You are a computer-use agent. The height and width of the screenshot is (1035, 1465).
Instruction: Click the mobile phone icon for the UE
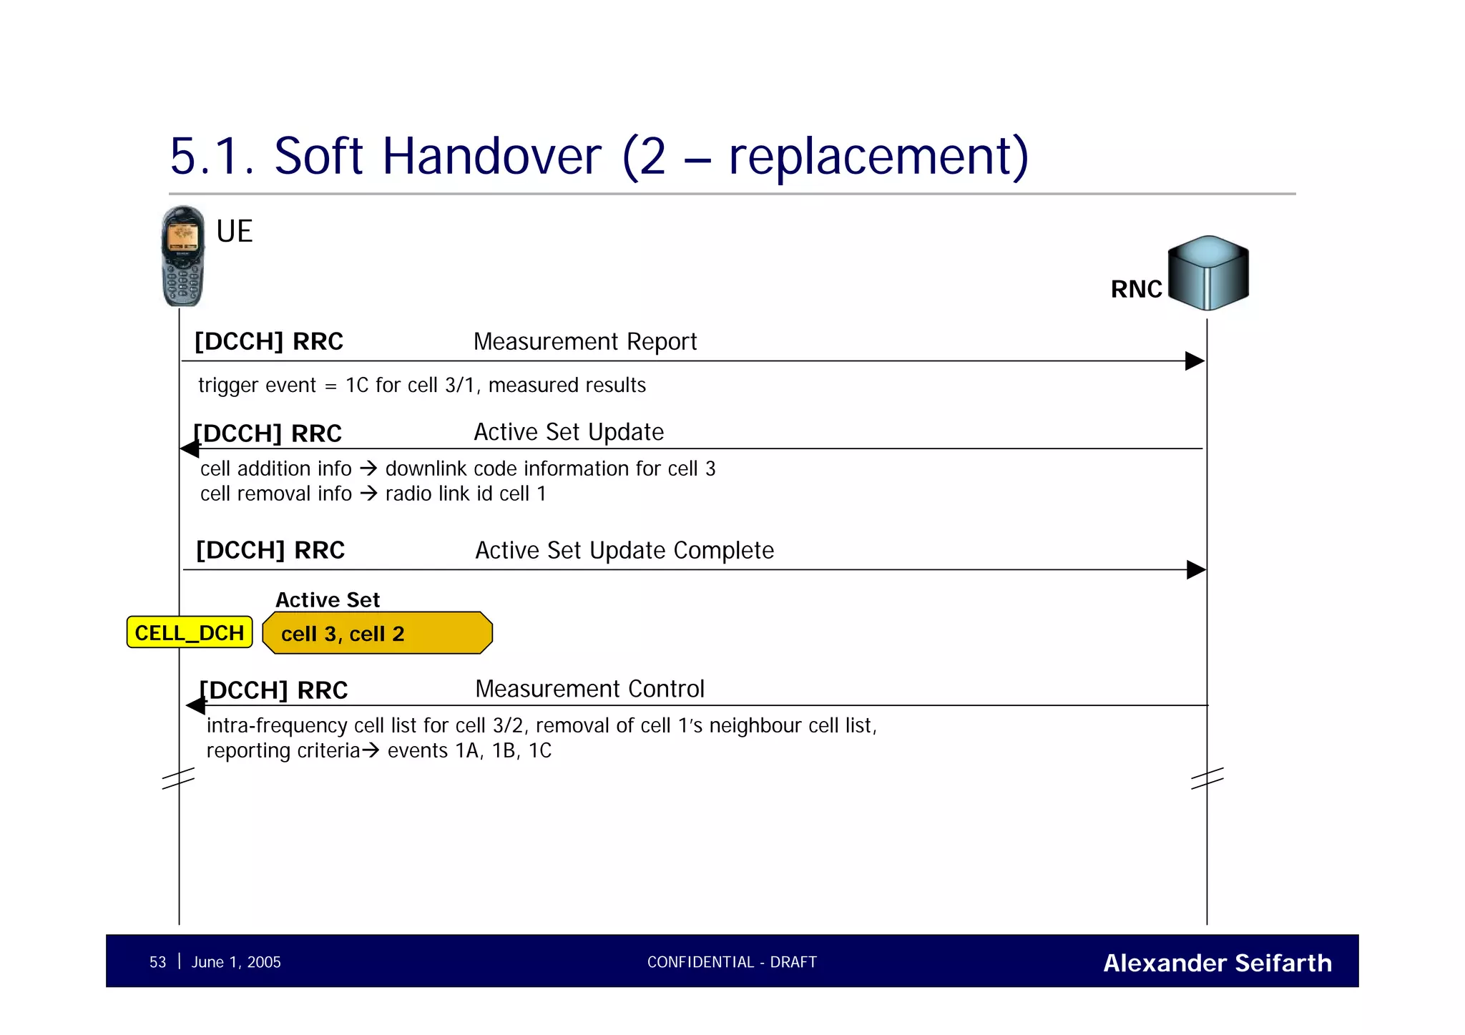[182, 256]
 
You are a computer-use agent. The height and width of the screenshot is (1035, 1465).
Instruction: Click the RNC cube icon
[1208, 273]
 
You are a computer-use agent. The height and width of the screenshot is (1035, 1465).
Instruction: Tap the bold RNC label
[1136, 289]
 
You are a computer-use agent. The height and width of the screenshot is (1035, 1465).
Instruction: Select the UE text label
[234, 232]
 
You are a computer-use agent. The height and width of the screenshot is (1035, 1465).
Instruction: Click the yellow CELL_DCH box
[190, 632]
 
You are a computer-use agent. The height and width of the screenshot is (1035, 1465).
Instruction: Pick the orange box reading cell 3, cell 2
[377, 633]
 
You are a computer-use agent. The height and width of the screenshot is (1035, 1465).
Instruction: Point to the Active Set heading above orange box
[328, 599]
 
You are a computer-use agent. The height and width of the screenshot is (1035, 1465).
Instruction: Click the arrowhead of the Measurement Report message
[1195, 361]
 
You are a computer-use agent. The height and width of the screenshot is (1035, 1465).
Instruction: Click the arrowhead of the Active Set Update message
[190, 449]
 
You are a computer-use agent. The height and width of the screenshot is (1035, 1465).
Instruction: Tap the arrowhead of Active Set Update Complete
[1195, 570]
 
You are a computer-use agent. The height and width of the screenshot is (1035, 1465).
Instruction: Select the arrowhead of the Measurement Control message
[195, 706]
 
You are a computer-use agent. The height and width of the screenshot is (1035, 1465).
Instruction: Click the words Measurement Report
[584, 342]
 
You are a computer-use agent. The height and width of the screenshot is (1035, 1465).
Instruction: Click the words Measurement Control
[589, 689]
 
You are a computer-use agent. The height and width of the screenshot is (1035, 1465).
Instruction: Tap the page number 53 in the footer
[157, 962]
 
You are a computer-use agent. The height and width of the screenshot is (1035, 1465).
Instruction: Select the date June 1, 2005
[236, 962]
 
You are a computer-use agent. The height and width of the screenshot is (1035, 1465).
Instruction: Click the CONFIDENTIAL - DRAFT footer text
[732, 962]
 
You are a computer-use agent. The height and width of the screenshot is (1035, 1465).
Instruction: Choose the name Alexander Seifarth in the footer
[1217, 963]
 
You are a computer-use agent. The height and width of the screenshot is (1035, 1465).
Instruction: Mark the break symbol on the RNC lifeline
[1207, 778]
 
